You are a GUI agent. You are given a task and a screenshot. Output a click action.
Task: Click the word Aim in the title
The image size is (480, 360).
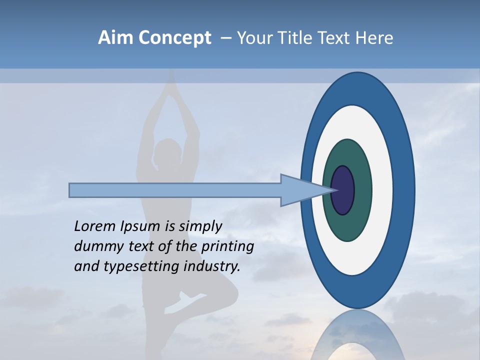[116, 38]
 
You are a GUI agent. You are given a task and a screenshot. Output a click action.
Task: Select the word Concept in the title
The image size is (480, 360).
[174, 38]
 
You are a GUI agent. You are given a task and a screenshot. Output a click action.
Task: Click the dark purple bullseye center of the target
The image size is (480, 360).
[343, 190]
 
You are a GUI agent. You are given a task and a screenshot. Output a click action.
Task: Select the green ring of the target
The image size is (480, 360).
[362, 210]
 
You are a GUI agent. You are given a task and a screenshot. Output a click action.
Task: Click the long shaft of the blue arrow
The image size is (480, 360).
[175, 190]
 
